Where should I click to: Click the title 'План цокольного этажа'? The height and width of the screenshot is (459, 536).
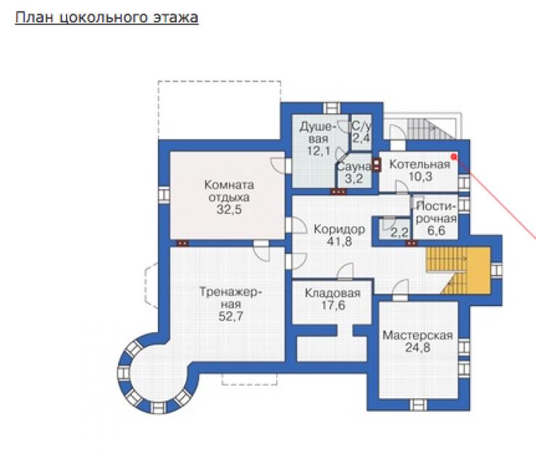pos(106,17)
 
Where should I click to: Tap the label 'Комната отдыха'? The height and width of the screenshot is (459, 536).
pos(229,191)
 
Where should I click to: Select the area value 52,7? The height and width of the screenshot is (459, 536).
pos(231,316)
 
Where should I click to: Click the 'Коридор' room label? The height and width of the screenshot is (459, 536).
pos(339,228)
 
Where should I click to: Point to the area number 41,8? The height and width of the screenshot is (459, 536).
pos(339,241)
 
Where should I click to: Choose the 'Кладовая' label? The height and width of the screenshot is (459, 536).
pos(332,293)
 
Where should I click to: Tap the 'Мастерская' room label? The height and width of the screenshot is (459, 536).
pos(417,335)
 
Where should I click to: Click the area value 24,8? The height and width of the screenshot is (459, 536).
pos(417,347)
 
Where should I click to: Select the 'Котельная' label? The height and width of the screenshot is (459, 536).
pos(420,165)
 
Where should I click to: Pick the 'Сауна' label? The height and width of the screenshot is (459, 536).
pos(353,167)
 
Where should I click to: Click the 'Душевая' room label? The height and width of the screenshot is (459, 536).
pos(317,133)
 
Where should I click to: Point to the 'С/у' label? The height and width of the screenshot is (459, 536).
pos(361,126)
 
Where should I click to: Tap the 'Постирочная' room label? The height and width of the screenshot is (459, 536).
pos(437,212)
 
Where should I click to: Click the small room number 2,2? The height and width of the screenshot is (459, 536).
pos(399,233)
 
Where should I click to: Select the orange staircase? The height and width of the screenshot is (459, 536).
pos(458,270)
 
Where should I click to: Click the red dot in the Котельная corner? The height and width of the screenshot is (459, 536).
pos(454,157)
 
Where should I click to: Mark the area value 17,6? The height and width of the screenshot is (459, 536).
pos(333,305)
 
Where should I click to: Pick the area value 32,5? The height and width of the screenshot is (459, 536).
pos(229,209)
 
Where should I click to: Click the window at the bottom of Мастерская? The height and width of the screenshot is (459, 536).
pos(418,405)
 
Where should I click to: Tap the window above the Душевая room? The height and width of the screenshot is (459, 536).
pos(332,108)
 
